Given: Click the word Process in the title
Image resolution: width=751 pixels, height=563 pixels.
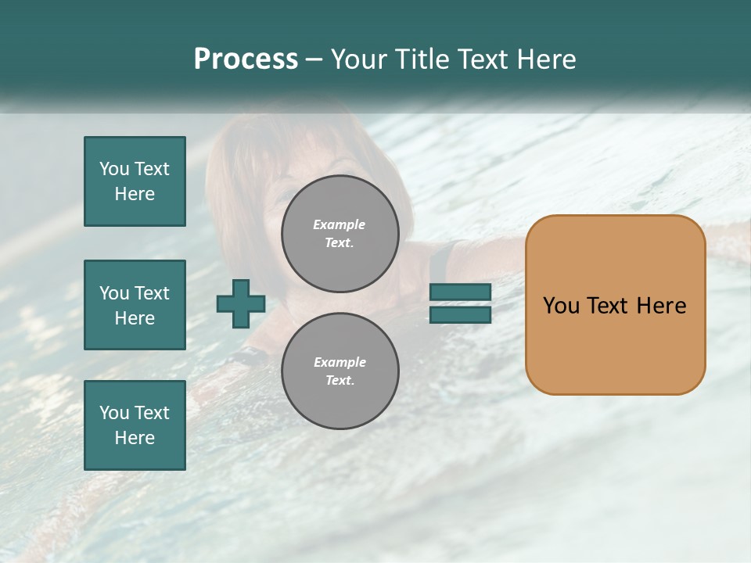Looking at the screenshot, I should point(246,59).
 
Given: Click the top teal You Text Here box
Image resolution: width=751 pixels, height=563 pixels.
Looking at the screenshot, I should point(135,181).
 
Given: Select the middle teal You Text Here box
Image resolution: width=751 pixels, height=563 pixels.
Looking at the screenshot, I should point(135,305).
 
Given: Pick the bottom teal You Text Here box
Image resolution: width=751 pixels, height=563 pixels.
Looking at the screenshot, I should point(135,425).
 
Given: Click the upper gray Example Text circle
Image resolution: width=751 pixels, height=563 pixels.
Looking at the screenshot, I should point(340,234).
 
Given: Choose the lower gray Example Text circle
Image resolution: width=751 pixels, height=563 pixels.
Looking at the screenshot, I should point(340,371).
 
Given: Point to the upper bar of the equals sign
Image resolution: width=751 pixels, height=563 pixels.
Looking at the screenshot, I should point(460,292).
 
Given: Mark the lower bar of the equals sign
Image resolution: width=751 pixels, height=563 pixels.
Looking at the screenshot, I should point(460,315).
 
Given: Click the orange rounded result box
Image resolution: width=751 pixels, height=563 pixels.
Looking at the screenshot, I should point(615,344).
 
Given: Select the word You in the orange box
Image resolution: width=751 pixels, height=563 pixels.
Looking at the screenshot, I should point(561,306).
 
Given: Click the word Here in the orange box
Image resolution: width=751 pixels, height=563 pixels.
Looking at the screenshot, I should point(661,306).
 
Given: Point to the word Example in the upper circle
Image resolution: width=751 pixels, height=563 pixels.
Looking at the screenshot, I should point(340,224).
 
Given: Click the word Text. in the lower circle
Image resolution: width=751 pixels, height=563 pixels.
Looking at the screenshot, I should point(340,381).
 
